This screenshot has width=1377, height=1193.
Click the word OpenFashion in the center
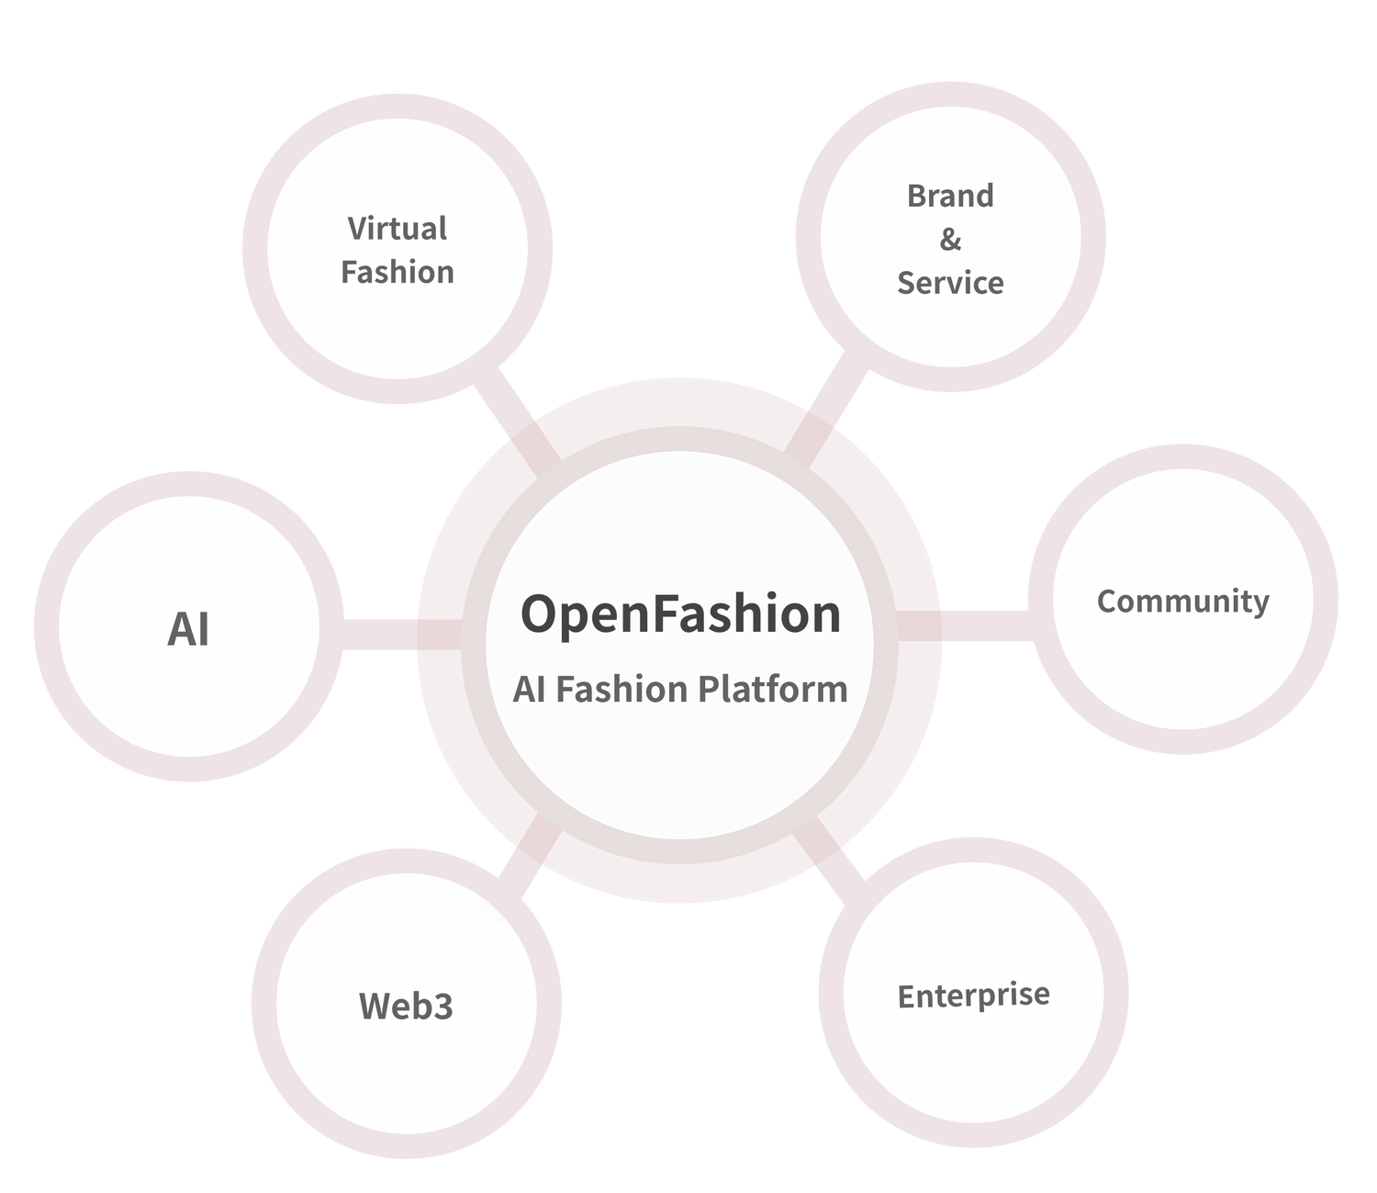point(680,613)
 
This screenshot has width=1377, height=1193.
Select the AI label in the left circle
point(188,630)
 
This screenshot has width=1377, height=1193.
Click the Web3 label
point(406,1007)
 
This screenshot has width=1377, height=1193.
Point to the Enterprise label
point(973,996)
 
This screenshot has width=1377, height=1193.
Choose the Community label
point(1182,602)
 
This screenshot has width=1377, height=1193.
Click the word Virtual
point(397,229)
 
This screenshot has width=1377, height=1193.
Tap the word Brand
point(950,196)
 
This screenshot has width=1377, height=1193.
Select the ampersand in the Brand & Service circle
point(950,240)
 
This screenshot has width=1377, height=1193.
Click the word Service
point(950,283)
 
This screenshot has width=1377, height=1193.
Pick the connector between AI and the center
point(381,634)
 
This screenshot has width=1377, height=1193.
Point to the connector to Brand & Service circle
point(831,404)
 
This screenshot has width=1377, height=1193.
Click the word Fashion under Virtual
point(397,273)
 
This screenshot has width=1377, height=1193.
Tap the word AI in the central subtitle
point(529,690)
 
